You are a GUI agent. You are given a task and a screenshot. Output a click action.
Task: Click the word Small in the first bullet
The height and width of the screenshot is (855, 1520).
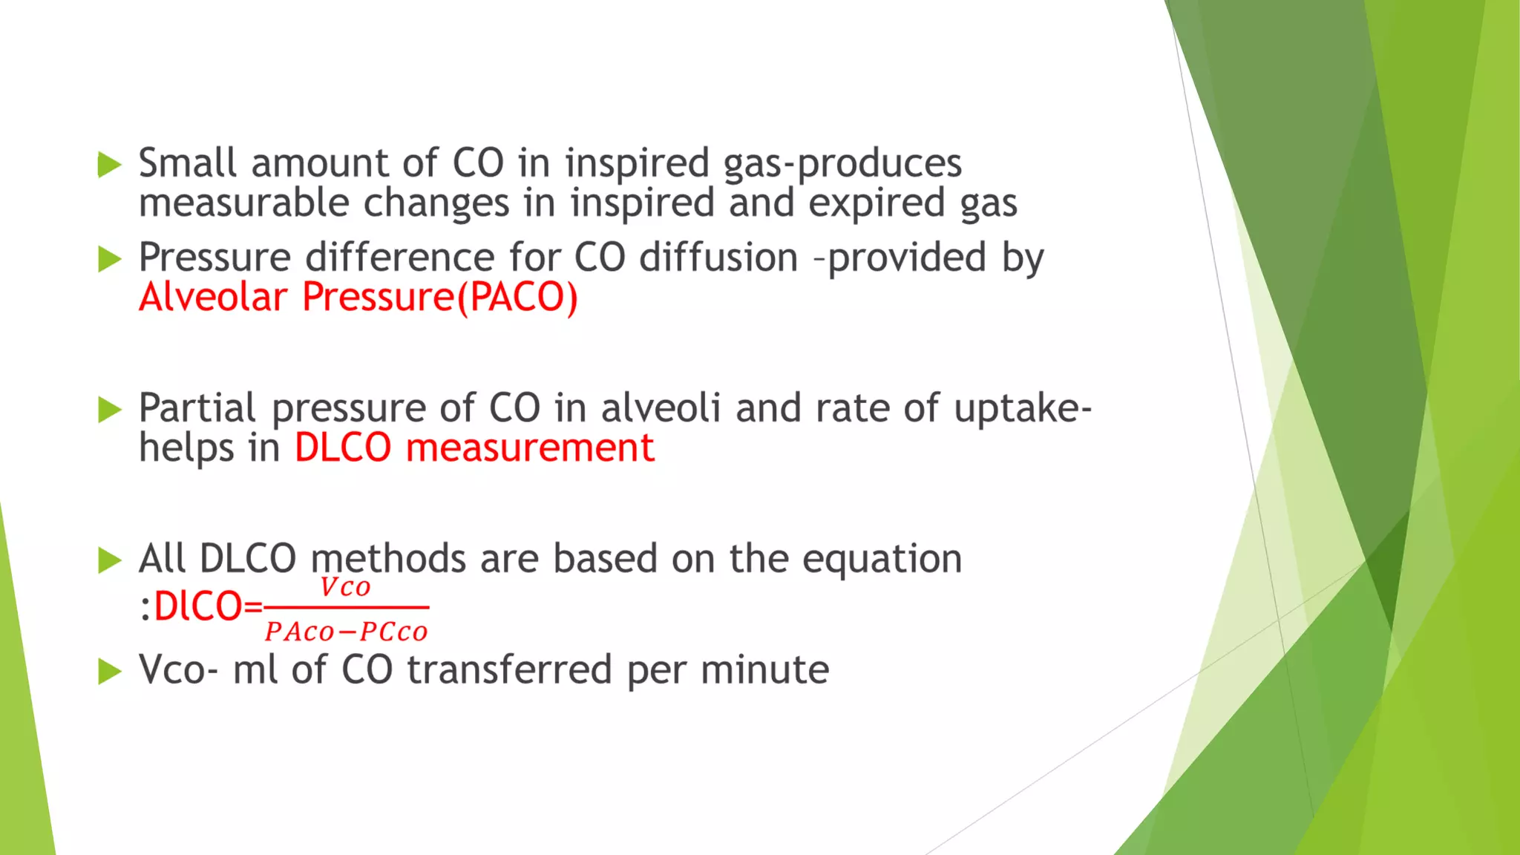click(x=188, y=163)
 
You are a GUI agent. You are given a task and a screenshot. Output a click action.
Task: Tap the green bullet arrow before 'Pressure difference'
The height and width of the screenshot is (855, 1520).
click(x=109, y=259)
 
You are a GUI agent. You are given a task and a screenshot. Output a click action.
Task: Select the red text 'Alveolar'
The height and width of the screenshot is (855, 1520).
click(x=213, y=298)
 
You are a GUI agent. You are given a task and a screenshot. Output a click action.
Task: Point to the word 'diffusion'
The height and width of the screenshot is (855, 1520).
click(x=718, y=258)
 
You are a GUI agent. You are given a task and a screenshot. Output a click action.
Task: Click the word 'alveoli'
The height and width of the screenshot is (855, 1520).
click(x=661, y=408)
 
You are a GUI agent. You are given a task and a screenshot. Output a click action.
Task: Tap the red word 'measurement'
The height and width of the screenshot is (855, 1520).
click(x=530, y=448)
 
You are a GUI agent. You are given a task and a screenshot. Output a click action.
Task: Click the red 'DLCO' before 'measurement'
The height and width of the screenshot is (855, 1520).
click(x=343, y=448)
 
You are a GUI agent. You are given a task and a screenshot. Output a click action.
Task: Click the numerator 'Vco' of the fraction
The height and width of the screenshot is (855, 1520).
click(x=345, y=588)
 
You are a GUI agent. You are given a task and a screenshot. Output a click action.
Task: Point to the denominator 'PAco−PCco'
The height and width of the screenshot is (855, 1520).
click(x=347, y=632)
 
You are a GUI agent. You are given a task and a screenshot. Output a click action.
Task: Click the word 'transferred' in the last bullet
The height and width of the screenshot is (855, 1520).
click(x=510, y=670)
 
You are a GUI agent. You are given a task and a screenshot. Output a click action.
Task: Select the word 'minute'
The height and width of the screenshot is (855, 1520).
click(x=764, y=670)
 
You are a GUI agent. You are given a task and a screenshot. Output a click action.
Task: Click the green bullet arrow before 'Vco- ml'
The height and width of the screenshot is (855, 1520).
click(x=109, y=672)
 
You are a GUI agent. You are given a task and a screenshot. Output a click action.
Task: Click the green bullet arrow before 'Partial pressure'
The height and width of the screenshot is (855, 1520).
click(x=109, y=409)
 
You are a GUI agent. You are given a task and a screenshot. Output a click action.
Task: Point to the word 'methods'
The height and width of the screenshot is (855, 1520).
click(x=388, y=559)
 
